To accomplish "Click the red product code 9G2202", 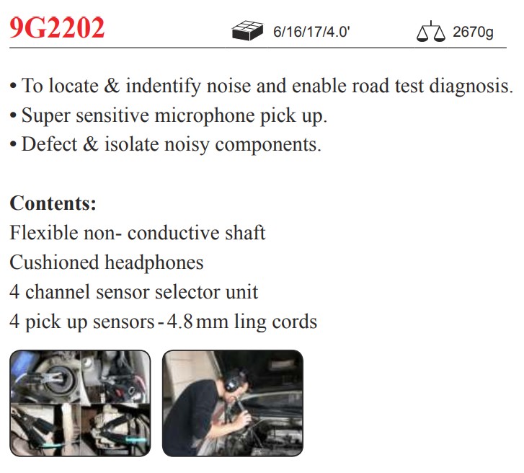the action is pyautogui.click(x=57, y=27).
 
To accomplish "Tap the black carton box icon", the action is pyautogui.click(x=247, y=30).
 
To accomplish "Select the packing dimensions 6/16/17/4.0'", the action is pyautogui.click(x=311, y=32).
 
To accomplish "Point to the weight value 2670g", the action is pyautogui.click(x=473, y=32).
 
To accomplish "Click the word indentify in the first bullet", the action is pyautogui.click(x=163, y=86).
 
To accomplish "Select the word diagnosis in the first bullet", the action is pyautogui.click(x=471, y=86).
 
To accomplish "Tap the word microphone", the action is pyautogui.click(x=205, y=115).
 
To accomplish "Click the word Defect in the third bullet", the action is pyautogui.click(x=49, y=144).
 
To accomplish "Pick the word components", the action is pyautogui.click(x=268, y=145).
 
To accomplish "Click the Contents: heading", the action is pyautogui.click(x=53, y=203).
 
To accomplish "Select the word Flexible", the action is pyautogui.click(x=44, y=232).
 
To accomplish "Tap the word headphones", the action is pyautogui.click(x=154, y=262).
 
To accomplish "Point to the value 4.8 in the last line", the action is pyautogui.click(x=179, y=322).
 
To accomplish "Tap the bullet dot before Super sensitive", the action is pyautogui.click(x=13, y=116).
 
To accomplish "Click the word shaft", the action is pyautogui.click(x=245, y=232).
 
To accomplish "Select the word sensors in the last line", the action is pyautogui.click(x=123, y=322).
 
